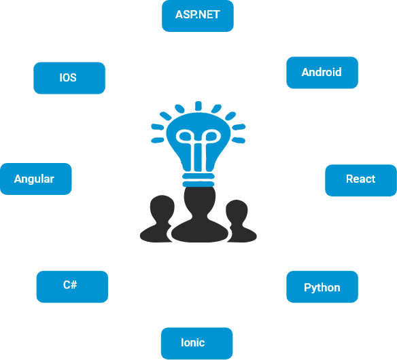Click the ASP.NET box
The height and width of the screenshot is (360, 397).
[x=198, y=16]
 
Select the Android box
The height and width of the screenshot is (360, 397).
[x=322, y=73]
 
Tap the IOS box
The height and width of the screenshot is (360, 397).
[x=69, y=78]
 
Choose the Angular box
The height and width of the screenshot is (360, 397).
[x=36, y=179]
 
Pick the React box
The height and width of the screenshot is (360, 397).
[x=361, y=180]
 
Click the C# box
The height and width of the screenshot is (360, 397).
[x=72, y=287]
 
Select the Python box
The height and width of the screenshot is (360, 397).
[x=322, y=287]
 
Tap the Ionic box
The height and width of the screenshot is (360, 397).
[x=196, y=343]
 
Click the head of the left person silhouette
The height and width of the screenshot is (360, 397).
[x=162, y=207]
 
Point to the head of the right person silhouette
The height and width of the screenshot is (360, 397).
[x=237, y=211]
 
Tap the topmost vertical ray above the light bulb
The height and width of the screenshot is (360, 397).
[x=198, y=106]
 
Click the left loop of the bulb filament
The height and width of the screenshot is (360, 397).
[x=185, y=137]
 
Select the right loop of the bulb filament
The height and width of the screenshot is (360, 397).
[x=211, y=137]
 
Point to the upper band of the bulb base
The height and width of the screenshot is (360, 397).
[x=198, y=176]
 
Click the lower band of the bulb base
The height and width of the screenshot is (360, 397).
[x=198, y=184]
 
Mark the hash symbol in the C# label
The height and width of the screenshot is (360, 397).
[x=73, y=285]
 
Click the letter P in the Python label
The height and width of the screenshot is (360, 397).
[x=307, y=287]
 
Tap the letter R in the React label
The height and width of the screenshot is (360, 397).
[x=349, y=179]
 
